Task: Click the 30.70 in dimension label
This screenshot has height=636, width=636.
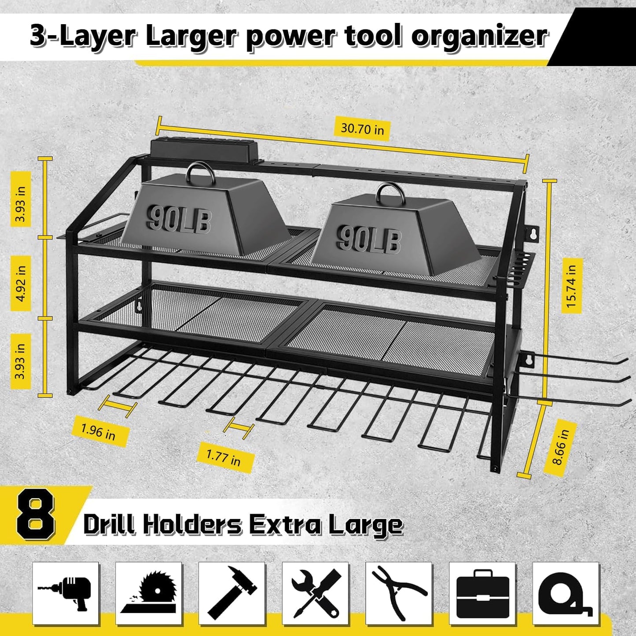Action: pos(362,129)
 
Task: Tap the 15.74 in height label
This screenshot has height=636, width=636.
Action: pos(571,286)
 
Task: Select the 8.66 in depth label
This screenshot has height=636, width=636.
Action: pos(560,447)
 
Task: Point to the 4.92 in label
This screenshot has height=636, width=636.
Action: pos(21,283)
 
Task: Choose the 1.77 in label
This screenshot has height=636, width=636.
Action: pos(224,458)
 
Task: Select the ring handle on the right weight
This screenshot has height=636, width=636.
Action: pos(389,194)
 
